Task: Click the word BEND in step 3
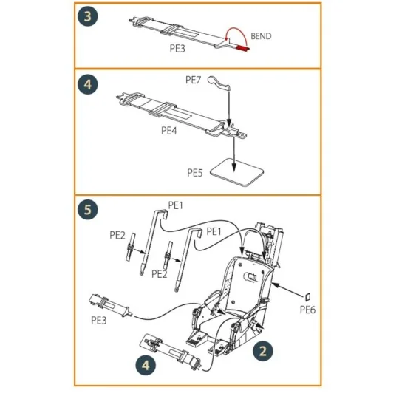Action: [x=262, y=35]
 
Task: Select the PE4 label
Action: [x=170, y=129]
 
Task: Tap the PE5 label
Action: [x=195, y=172]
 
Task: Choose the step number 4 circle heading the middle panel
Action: [x=87, y=84]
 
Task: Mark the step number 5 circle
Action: [x=87, y=210]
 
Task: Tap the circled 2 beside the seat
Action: [x=260, y=350]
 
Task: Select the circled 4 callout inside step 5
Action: [x=146, y=364]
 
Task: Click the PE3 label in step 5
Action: [x=100, y=321]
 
